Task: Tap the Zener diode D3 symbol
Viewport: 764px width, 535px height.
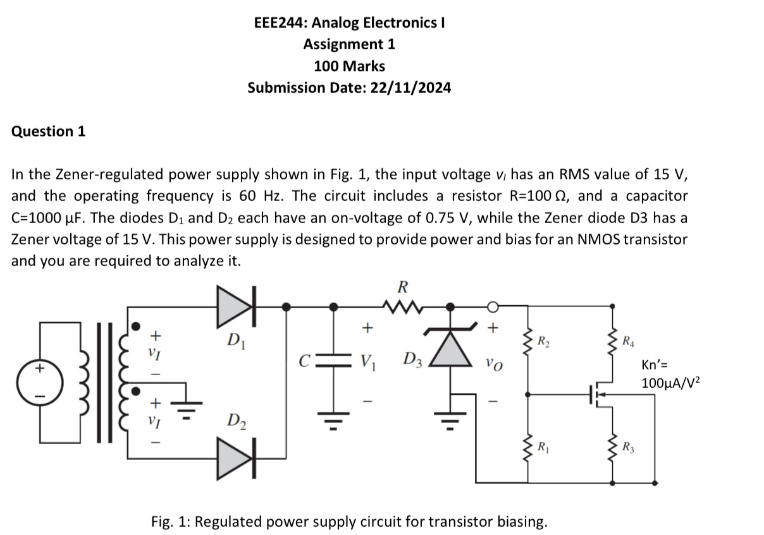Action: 451,348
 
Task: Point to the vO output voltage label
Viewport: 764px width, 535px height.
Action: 494,364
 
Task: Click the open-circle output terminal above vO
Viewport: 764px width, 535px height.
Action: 494,307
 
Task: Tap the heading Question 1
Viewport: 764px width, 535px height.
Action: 48,131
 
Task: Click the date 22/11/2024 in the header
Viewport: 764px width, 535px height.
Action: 412,87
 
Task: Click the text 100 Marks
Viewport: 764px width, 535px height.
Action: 349,66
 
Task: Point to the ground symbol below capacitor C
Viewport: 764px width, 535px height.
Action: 333,417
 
